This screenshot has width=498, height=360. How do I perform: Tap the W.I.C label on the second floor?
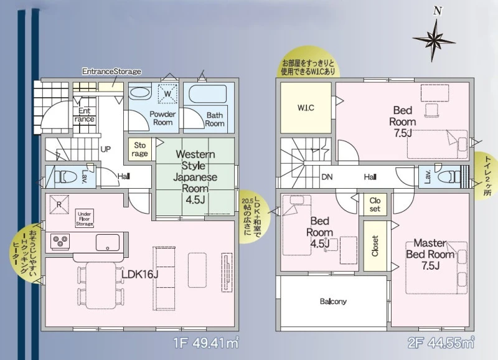coord(306,108)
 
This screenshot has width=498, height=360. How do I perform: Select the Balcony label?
coord(333,301)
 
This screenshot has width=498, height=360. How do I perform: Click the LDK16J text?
coord(140,274)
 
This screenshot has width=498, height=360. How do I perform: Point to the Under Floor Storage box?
coord(85,219)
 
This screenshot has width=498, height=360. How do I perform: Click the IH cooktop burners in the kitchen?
coord(60,240)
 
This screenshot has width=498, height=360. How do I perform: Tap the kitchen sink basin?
coord(108,243)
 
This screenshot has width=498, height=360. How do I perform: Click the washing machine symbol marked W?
coord(167,93)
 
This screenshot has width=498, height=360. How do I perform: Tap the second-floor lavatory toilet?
coord(449,176)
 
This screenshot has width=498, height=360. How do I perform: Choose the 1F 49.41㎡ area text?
coord(206,343)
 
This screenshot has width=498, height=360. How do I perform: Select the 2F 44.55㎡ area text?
coord(441,343)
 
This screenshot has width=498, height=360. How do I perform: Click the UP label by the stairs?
coord(106,149)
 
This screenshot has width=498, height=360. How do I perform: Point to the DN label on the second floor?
coord(327,177)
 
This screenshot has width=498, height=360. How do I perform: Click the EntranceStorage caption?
coord(111,71)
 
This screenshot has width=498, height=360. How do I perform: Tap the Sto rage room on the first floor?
coord(139,149)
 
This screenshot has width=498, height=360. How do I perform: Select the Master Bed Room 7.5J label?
coord(430,254)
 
